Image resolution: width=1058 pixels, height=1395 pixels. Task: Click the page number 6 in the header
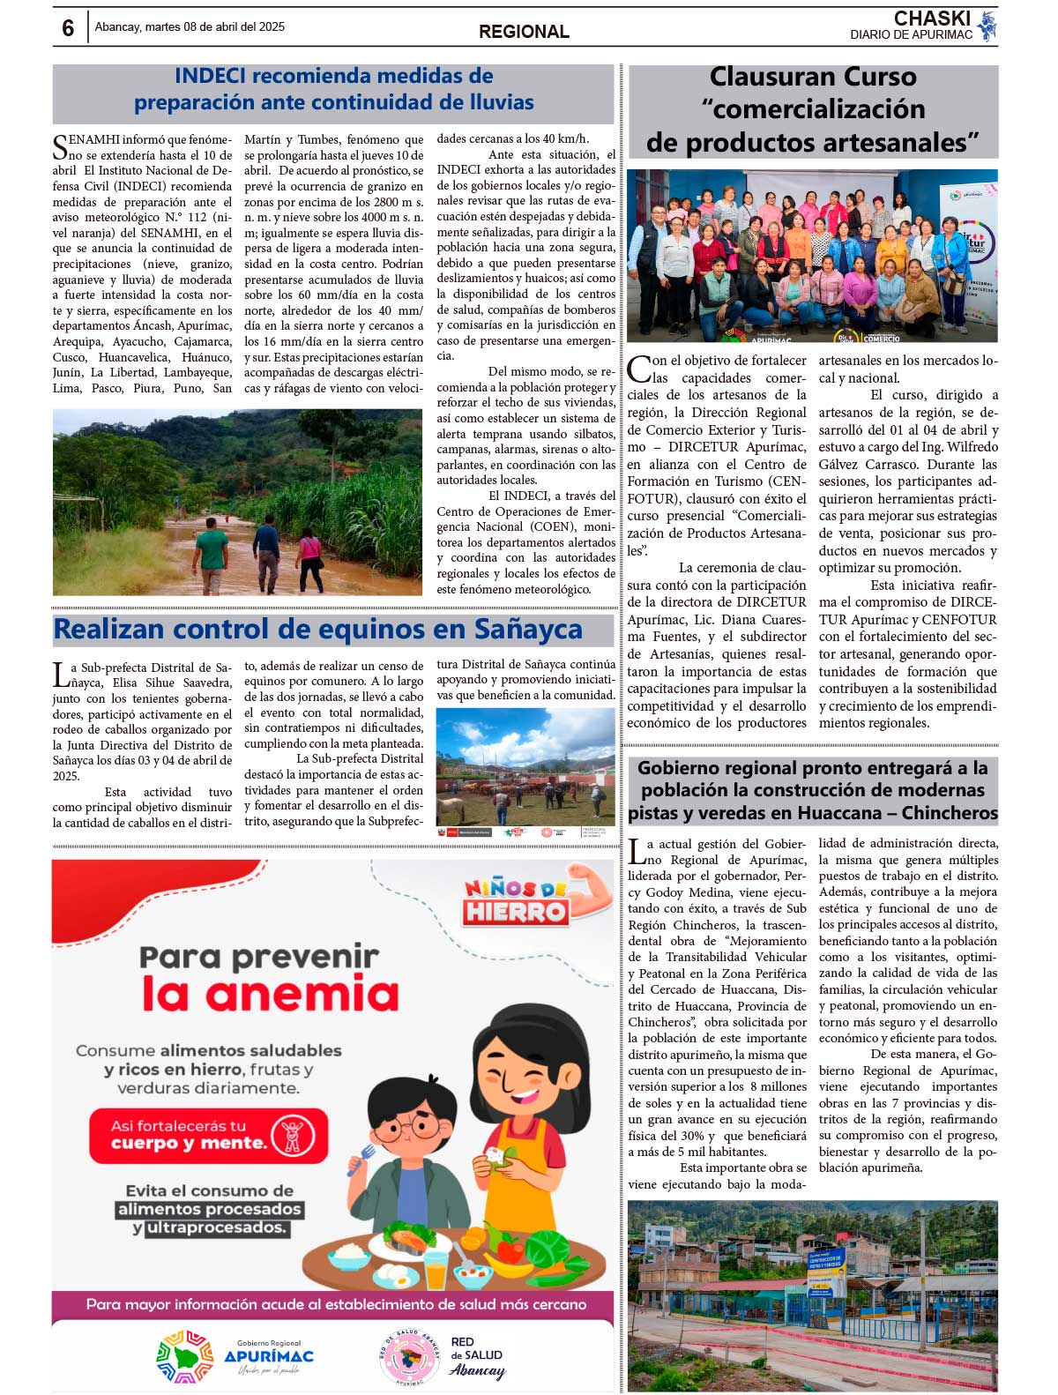[x=68, y=28]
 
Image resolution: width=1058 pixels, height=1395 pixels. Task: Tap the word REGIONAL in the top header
[x=524, y=32]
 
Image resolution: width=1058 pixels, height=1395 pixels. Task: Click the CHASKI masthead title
[x=932, y=19]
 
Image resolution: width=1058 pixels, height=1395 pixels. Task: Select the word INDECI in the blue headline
[x=210, y=76]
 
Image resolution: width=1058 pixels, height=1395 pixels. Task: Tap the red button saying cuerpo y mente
[x=208, y=1136]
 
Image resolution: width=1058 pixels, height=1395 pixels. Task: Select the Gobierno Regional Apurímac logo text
[x=268, y=1354]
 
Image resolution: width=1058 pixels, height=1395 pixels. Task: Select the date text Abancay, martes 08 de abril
[x=190, y=27]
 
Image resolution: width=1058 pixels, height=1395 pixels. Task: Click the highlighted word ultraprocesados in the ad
[x=216, y=1227]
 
